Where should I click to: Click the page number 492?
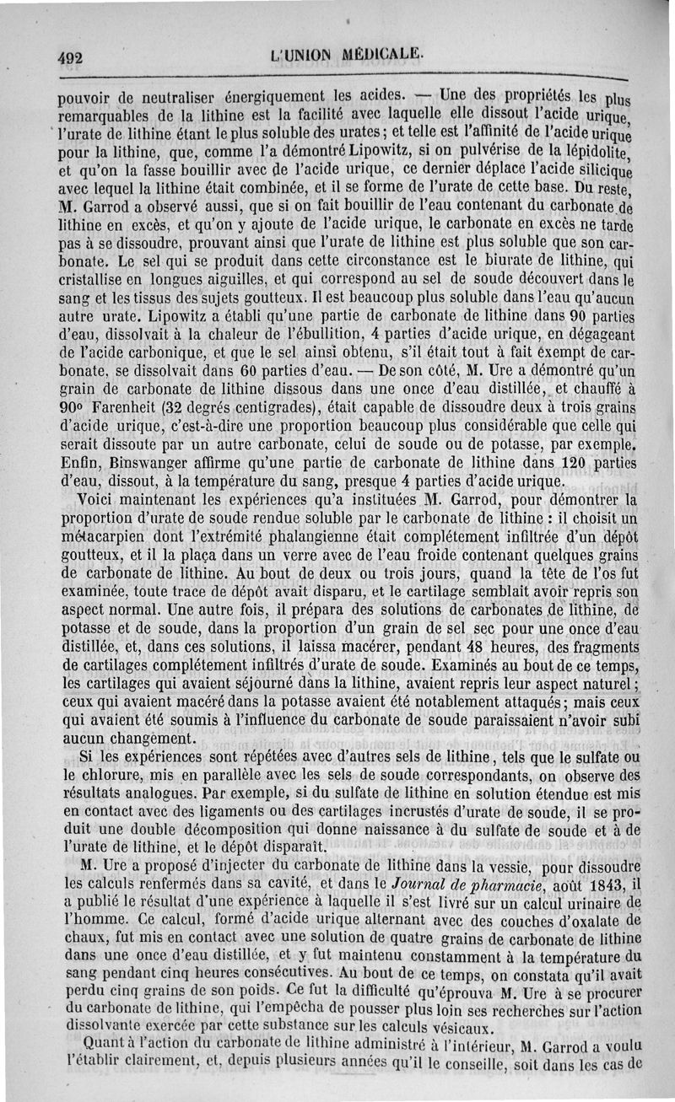tap(74, 59)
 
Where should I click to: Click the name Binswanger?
tap(143, 464)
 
